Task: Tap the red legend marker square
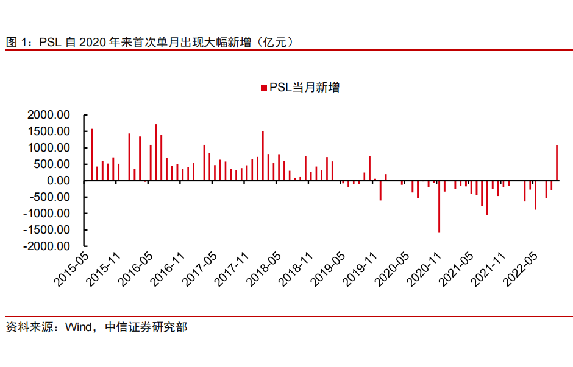click(263, 88)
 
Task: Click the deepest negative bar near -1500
click(439, 206)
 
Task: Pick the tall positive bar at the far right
click(557, 163)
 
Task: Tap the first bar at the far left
click(91, 155)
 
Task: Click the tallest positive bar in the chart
click(155, 152)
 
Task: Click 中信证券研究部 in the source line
click(146, 328)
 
